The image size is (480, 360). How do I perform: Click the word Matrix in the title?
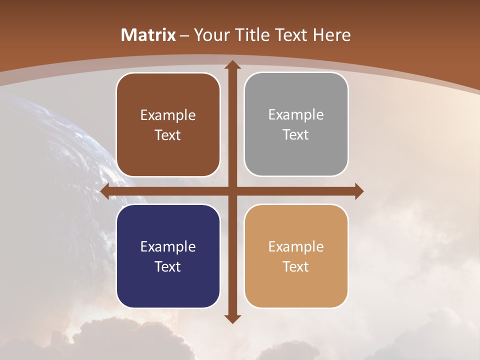point(148,35)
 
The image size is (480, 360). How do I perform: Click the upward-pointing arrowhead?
point(232,65)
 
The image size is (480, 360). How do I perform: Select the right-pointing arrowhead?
point(358,191)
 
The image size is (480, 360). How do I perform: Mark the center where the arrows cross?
point(232,191)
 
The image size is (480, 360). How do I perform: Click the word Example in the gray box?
point(296,115)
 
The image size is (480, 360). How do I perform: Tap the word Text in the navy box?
point(167,266)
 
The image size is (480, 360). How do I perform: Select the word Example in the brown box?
point(168,115)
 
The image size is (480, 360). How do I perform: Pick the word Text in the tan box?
point(295,266)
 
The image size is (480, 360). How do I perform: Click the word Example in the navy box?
point(168,246)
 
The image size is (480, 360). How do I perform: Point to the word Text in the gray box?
point(295,135)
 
